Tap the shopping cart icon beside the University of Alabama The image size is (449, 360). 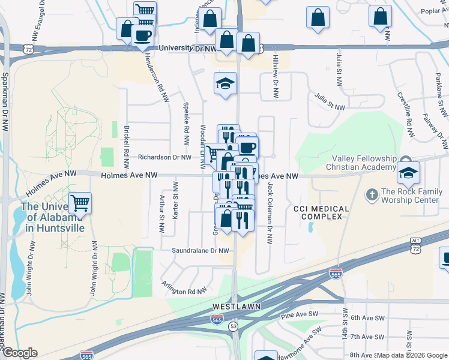click(x=80, y=203)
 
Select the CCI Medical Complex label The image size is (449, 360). click(x=321, y=212)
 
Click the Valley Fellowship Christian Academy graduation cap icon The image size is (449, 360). click(x=408, y=174)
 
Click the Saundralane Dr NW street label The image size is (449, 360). click(x=200, y=251)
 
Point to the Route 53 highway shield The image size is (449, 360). click(x=233, y=325)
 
